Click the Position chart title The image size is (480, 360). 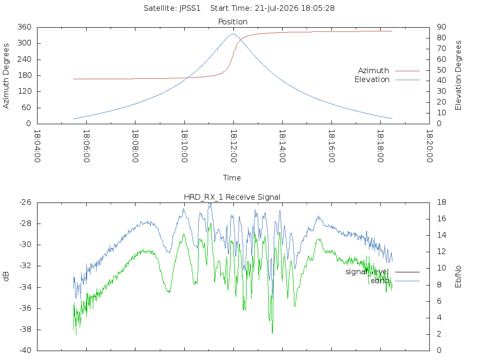[x=232, y=22]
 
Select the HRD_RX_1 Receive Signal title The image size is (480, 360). [x=232, y=197]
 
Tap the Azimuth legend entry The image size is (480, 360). [x=389, y=71]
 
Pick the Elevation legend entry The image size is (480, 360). [x=387, y=80]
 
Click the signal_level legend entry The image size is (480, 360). [x=382, y=272]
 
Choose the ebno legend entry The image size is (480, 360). [x=395, y=281]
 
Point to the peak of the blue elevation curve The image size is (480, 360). [x=233, y=34]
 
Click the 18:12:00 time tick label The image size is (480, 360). [x=233, y=146]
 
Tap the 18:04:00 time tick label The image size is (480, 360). [x=37, y=146]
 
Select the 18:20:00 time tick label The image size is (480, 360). [x=429, y=146]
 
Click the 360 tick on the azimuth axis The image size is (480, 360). [x=24, y=27]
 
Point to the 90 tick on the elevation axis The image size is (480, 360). [x=442, y=27]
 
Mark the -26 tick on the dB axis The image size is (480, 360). [x=25, y=202]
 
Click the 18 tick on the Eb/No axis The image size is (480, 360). [x=442, y=202]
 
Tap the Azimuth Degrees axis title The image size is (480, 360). [x=6, y=76]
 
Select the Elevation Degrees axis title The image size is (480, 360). [x=458, y=75]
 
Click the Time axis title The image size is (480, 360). [x=232, y=178]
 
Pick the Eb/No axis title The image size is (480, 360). [x=458, y=277]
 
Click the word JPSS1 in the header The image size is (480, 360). [x=190, y=8]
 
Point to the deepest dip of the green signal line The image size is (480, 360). [x=272, y=332]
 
